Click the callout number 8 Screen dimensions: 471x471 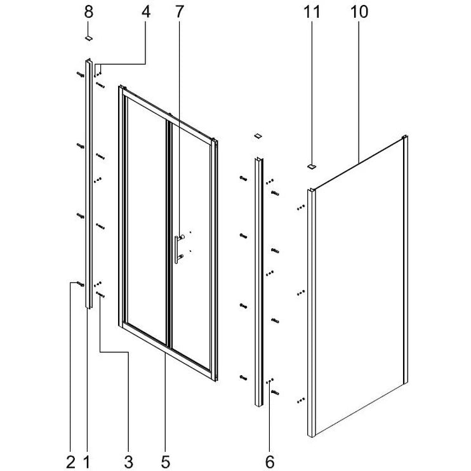click(x=88, y=11)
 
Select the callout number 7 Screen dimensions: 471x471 click(x=179, y=11)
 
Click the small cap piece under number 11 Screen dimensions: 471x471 click(x=311, y=166)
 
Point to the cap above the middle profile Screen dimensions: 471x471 click(x=257, y=136)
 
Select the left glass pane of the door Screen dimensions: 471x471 click(x=146, y=216)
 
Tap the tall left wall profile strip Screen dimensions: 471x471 click(x=88, y=184)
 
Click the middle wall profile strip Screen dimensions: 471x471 click(x=258, y=279)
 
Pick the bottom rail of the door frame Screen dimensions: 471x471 click(x=168, y=350)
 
